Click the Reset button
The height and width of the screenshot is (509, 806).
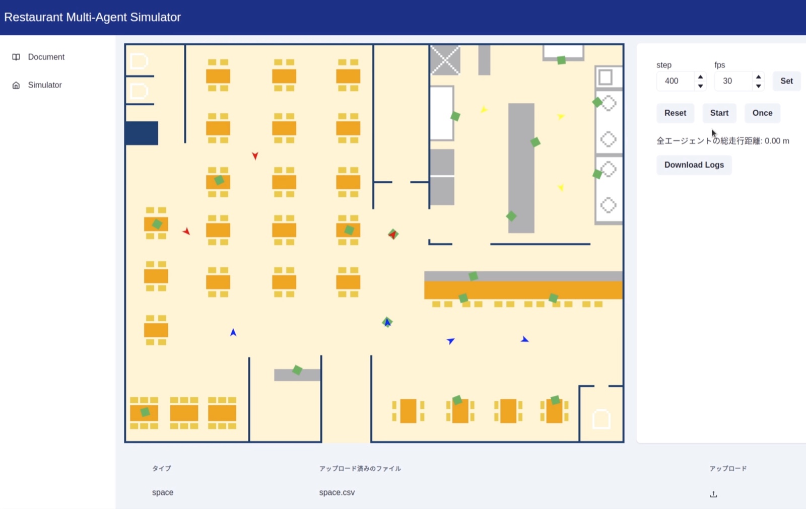(675, 113)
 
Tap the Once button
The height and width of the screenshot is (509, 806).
(762, 113)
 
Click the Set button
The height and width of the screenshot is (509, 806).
(786, 81)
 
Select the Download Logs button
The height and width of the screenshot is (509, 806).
(694, 165)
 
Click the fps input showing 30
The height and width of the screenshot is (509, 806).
(733, 81)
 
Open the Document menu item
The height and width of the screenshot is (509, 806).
(46, 57)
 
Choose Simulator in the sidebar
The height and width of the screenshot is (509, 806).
(45, 85)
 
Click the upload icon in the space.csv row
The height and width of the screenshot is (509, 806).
(713, 494)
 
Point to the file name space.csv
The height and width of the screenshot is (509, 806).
(337, 492)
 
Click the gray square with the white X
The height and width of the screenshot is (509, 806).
(445, 60)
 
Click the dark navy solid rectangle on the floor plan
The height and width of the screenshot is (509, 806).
(142, 133)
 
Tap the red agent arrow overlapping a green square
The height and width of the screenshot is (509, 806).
(393, 235)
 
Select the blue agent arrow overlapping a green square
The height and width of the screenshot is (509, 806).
(387, 322)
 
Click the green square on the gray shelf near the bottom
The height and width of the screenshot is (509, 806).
(297, 370)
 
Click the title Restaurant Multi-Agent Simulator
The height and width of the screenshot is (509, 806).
(93, 17)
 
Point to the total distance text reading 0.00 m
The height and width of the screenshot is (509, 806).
(777, 141)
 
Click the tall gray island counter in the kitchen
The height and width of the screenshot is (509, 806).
(521, 168)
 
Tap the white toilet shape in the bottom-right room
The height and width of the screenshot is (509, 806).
(601, 419)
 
